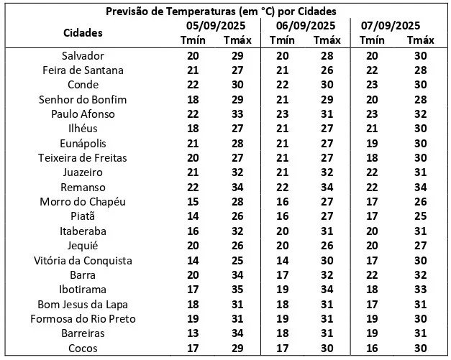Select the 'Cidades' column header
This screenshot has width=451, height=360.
click(x=83, y=32)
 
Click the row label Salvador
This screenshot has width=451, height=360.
click(x=83, y=55)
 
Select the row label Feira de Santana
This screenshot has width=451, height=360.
click(x=83, y=70)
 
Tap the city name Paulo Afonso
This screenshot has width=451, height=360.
click(x=83, y=114)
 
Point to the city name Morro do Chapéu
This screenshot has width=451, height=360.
click(x=83, y=202)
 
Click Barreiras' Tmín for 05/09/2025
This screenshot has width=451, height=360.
click(x=192, y=333)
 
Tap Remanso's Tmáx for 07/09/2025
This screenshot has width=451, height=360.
click(x=420, y=188)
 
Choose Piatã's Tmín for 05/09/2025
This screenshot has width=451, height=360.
click(x=192, y=216)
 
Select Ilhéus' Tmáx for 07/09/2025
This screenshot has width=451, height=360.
click(x=420, y=129)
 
